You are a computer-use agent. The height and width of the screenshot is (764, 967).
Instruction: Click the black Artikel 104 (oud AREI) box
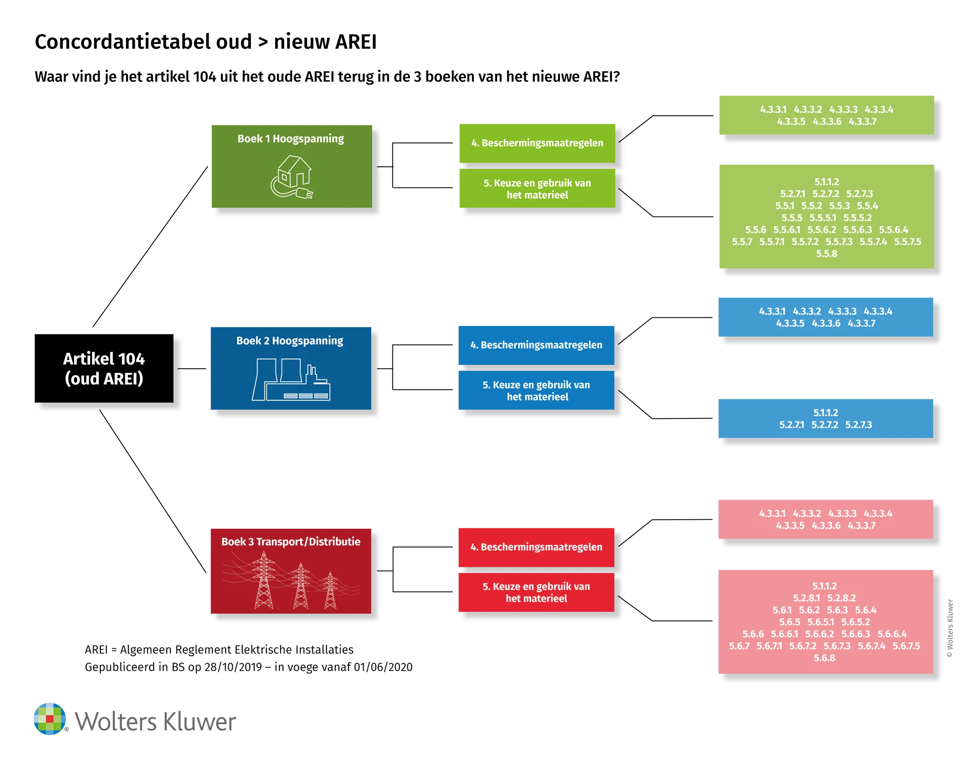coord(104,368)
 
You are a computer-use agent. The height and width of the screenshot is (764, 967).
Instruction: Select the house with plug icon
coord(292,177)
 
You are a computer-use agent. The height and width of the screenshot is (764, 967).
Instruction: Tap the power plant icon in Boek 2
coord(291,379)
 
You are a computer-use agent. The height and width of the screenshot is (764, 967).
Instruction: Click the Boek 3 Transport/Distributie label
coord(291,541)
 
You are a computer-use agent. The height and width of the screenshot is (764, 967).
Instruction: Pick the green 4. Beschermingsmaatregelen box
coord(537,143)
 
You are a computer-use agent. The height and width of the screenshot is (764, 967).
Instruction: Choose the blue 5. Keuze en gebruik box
coord(536,390)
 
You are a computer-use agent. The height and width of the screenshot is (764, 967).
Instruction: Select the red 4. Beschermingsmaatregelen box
coord(536,547)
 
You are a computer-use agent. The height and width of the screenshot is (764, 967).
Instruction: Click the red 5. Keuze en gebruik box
coord(536,592)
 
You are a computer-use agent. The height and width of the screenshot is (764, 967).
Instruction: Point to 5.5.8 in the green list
coord(826,254)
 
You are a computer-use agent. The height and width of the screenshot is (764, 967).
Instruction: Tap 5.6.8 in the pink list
coord(824,658)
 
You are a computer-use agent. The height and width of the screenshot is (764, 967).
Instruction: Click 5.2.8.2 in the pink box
coord(842,598)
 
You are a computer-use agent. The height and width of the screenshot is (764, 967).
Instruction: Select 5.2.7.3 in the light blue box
coord(859,425)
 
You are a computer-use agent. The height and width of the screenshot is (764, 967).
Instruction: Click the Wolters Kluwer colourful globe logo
coord(50,719)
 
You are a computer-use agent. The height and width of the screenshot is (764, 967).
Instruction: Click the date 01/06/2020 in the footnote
coord(383,667)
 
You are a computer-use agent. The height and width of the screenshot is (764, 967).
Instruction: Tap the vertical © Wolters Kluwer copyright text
coord(950,628)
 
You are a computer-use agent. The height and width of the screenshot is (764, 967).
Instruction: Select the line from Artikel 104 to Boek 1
coord(150,247)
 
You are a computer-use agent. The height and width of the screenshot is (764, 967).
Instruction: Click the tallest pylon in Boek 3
coord(263,580)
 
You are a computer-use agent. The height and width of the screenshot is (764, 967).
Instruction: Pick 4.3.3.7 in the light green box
coord(863,121)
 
